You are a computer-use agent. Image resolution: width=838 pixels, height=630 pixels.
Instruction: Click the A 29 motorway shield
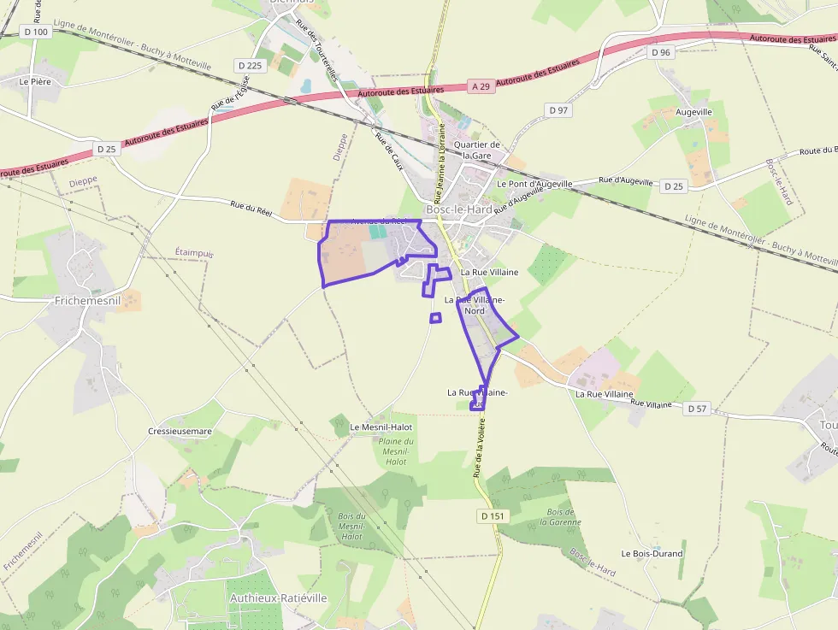[x=481, y=86]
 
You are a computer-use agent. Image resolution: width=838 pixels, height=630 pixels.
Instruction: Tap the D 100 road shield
[x=36, y=32]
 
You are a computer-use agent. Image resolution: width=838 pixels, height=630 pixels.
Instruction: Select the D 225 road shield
[x=250, y=65]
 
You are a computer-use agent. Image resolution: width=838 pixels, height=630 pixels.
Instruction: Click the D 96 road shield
[x=661, y=52]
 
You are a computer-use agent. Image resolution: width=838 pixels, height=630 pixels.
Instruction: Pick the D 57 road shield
[x=697, y=409]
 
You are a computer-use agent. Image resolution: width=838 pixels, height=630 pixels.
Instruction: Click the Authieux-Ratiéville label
[x=278, y=598]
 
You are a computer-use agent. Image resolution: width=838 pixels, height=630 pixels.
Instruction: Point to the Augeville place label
[x=693, y=112]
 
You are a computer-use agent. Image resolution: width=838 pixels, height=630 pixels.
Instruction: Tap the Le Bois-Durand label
[x=652, y=553]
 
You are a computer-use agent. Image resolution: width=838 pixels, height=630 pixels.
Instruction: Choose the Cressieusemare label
[x=180, y=431]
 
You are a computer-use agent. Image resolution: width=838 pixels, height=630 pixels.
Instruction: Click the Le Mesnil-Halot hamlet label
[x=381, y=427]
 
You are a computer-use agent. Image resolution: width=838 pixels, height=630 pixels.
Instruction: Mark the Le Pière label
[x=36, y=81]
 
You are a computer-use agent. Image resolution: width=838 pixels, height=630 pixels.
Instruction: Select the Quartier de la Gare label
[x=476, y=150]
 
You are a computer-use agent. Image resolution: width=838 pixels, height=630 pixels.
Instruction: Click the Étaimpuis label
[x=194, y=253]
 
